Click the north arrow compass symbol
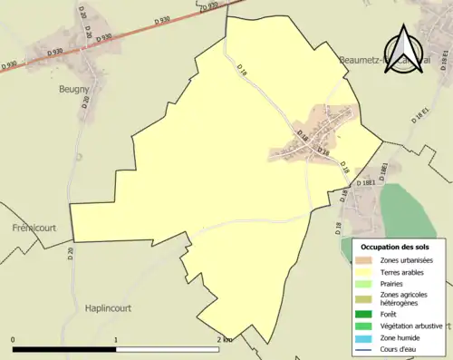click(x=402, y=45)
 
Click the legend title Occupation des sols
click(x=395, y=247)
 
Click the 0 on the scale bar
click(x=13, y=339)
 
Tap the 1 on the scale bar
click(x=116, y=339)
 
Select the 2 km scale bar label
click(x=225, y=339)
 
